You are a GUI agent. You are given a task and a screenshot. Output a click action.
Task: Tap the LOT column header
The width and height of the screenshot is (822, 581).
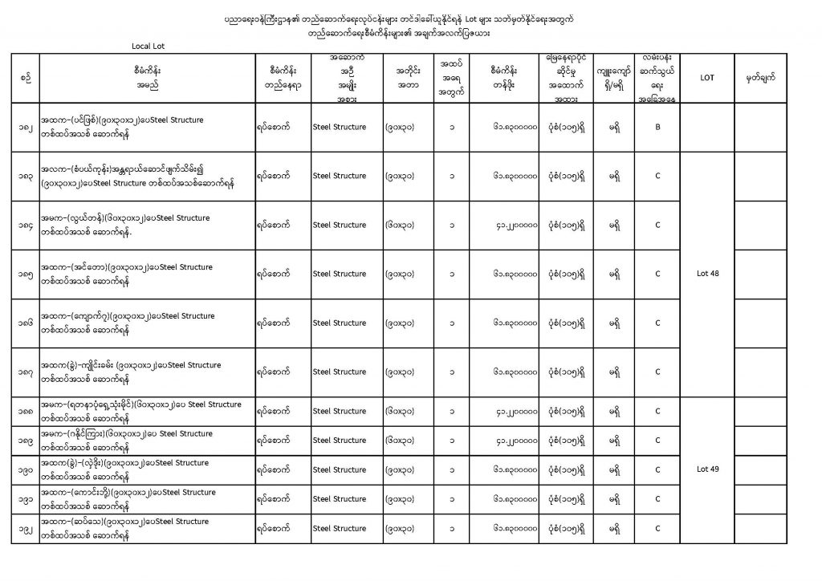pos(707,78)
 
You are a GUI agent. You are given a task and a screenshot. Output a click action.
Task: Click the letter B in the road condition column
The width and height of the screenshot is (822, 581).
pos(657,127)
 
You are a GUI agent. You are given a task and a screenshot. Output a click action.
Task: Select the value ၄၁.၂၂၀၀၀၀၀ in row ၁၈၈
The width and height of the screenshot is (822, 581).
pos(515,411)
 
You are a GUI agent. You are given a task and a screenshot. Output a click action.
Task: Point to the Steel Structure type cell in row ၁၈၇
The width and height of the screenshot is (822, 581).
pos(339,372)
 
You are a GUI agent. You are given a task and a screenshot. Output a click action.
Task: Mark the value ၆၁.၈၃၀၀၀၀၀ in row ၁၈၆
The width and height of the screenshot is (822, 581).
pos(515,323)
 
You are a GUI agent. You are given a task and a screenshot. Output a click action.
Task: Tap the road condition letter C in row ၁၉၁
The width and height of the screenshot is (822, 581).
pos(657,499)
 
